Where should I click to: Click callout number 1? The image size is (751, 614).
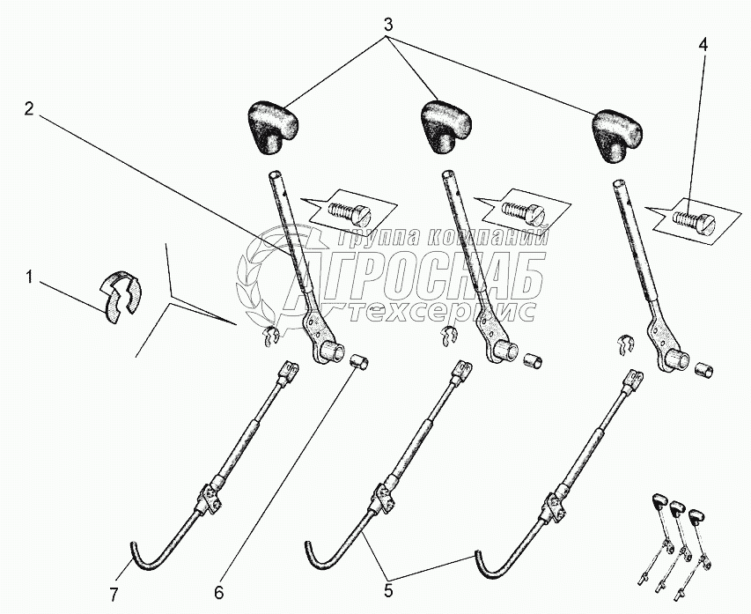tap(29, 277)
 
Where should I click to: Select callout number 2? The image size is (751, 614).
tap(29, 109)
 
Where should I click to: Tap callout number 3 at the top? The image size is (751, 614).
tap(388, 24)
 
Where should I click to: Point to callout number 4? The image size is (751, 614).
tap(703, 45)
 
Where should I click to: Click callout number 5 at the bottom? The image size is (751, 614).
tap(388, 591)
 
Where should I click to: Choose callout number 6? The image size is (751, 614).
tap(218, 593)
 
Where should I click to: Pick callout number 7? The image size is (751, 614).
tap(114, 595)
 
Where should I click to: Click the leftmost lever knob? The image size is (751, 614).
tap(273, 127)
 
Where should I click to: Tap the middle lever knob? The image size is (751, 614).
tap(445, 126)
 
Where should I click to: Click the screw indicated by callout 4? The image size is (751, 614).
tap(694, 222)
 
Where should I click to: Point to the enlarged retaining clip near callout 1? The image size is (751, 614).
tap(121, 297)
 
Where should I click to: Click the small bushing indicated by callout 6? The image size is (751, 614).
tap(361, 360)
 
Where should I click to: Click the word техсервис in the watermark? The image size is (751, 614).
tap(443, 312)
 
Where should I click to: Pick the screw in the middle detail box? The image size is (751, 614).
tap(522, 210)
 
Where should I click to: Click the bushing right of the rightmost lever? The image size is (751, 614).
tap(703, 370)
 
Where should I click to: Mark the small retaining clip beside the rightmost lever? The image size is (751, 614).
tap(624, 344)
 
